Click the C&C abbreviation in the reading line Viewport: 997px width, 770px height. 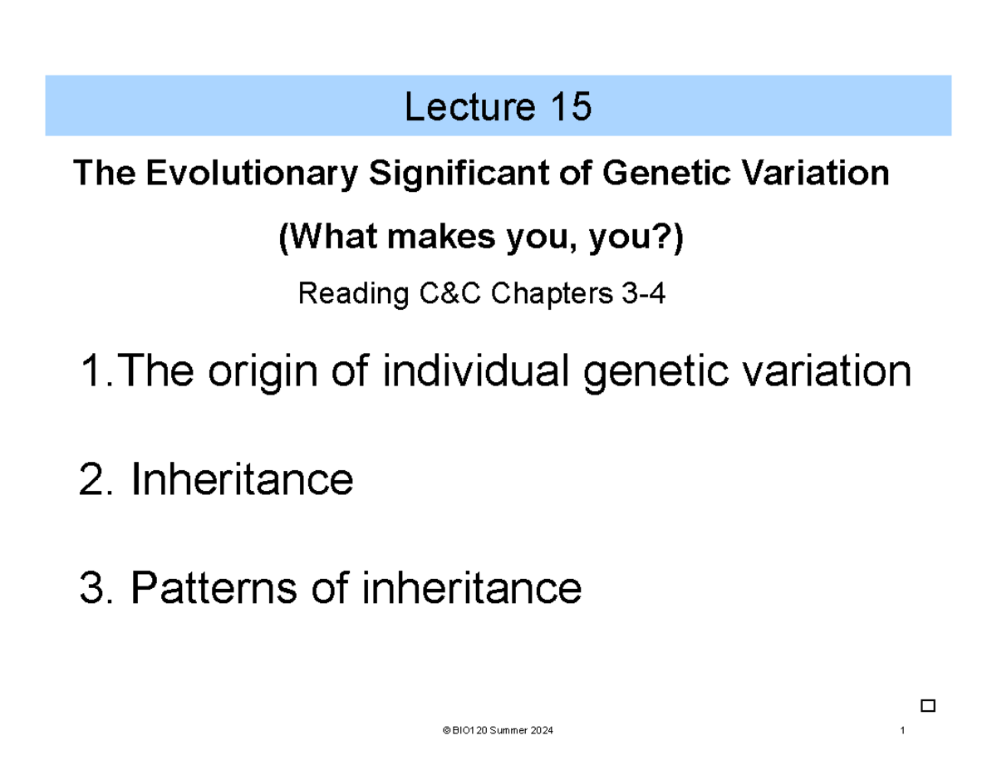437,293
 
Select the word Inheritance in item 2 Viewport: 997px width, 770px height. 243,480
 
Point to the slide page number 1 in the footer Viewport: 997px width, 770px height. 902,730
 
